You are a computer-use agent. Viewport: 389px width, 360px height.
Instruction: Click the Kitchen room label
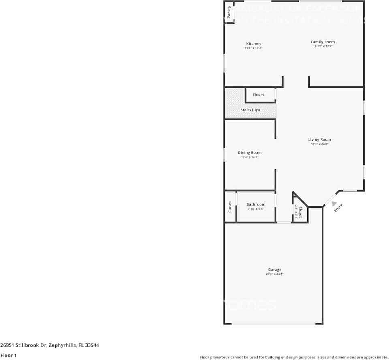click(x=253, y=44)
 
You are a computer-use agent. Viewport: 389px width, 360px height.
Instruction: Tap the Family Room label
click(x=323, y=42)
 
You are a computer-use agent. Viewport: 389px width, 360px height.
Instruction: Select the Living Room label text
click(x=319, y=140)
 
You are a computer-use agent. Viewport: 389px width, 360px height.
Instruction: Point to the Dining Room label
click(x=250, y=153)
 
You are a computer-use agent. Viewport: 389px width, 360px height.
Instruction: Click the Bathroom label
click(x=256, y=204)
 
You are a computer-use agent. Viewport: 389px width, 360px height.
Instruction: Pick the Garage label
click(x=274, y=270)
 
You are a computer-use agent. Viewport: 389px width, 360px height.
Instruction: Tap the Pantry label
click(x=229, y=12)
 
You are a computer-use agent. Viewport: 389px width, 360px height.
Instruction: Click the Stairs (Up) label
click(x=250, y=110)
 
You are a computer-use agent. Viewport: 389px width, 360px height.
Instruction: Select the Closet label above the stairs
click(x=258, y=95)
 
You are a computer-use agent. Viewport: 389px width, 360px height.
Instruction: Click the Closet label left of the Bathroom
click(x=230, y=207)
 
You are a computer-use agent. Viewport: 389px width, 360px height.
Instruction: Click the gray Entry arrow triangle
click(x=334, y=204)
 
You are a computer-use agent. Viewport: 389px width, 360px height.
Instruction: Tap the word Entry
click(x=338, y=208)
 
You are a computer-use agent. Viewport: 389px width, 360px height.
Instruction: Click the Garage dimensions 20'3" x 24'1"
click(x=274, y=274)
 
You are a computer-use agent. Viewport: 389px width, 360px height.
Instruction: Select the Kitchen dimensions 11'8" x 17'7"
click(x=253, y=48)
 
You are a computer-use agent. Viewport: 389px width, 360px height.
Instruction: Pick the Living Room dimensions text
click(x=319, y=144)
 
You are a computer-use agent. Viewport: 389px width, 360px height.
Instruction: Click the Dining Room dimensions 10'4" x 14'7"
click(x=250, y=157)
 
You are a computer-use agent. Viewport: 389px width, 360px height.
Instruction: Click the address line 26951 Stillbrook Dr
click(x=50, y=345)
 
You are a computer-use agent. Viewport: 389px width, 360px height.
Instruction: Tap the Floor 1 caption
click(x=8, y=355)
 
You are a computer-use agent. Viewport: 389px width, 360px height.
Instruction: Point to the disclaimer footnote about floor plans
click(x=294, y=357)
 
